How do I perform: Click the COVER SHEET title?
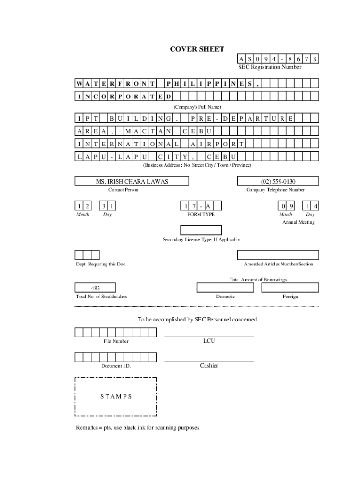pos(197,49)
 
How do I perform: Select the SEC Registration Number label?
pos(269,67)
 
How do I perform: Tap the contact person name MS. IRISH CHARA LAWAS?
pos(132,181)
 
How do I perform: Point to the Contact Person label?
pos(124,190)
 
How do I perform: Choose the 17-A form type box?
pos(201,206)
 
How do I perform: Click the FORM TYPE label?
pos(201,214)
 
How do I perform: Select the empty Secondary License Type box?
pos(201,230)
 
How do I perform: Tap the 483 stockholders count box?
pos(95,288)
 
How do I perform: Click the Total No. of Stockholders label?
pos(101,297)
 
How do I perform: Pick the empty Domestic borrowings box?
pos(225,288)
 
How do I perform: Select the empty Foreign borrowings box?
pos(290,288)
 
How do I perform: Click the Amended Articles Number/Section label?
pos(278,264)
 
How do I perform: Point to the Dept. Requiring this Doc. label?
pos(101,264)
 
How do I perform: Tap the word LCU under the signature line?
pos(209,341)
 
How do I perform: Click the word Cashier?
pos(209,366)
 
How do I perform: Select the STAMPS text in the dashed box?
pos(116,396)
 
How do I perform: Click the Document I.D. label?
pos(116,366)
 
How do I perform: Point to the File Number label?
pos(116,341)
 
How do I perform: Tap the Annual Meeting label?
pos(298,222)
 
